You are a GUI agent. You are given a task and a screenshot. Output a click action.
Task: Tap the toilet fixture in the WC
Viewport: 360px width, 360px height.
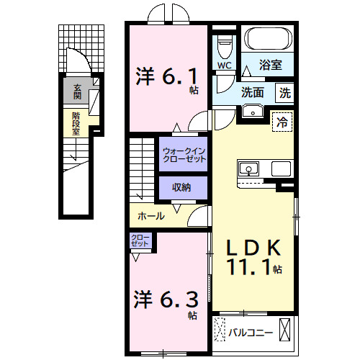(224, 48)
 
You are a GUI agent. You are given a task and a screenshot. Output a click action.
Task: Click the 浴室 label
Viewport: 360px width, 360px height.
(271, 66)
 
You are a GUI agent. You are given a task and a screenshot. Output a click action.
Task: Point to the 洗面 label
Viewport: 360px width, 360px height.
(252, 92)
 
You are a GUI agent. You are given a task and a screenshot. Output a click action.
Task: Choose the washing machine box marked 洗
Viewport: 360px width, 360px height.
(285, 92)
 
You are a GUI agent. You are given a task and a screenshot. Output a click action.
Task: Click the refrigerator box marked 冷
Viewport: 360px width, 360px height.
(284, 122)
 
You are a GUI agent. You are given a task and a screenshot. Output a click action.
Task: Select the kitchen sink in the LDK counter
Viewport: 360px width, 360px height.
(248, 169)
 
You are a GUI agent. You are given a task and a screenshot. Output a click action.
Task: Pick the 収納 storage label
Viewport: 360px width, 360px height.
(181, 187)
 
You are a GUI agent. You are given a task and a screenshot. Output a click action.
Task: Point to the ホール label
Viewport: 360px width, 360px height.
(150, 215)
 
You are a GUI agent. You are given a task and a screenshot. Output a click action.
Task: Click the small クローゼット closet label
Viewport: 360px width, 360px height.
(140, 240)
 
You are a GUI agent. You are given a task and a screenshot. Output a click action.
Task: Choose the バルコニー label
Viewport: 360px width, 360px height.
(251, 333)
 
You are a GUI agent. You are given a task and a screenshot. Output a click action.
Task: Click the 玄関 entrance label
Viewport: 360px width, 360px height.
(77, 91)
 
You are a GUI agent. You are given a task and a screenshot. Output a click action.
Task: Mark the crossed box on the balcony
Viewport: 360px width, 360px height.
(286, 332)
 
